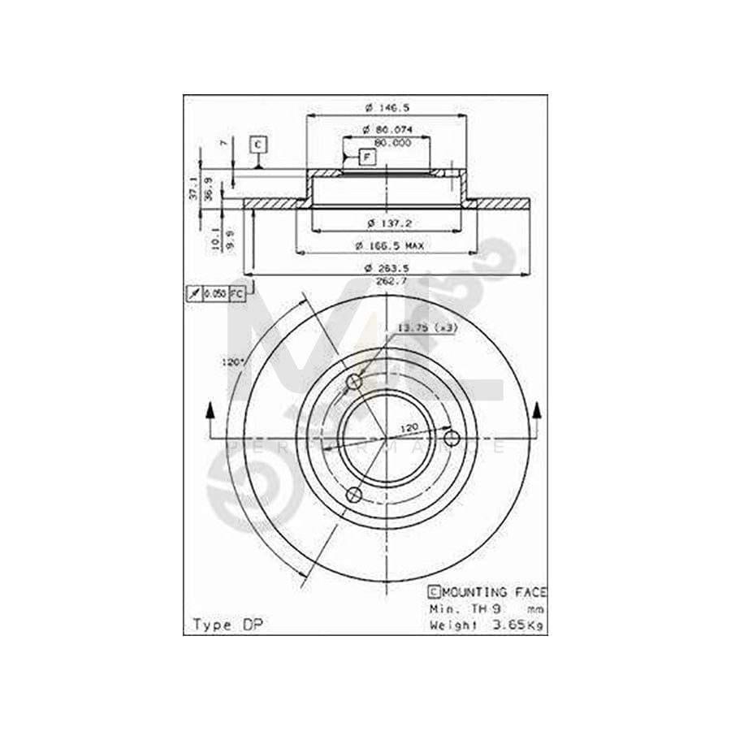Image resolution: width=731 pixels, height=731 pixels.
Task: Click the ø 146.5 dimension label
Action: click(387, 109)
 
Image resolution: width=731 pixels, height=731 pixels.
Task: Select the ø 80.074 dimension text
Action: click(387, 130)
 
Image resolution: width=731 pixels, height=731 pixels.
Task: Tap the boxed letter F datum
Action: click(366, 157)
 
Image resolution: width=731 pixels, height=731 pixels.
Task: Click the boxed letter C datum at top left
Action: click(257, 145)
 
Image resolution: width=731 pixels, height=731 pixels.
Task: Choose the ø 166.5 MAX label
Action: click(389, 244)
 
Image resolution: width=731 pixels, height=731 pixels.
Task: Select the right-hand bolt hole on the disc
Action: click(452, 439)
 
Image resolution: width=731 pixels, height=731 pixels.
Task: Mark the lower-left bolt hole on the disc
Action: click(353, 495)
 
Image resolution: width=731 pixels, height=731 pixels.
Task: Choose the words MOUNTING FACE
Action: click(493, 592)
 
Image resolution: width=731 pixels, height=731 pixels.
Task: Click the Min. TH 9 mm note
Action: click(487, 608)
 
